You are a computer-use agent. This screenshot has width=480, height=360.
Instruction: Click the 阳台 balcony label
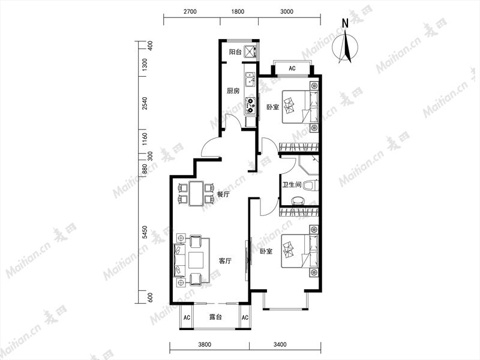click(x=235, y=52)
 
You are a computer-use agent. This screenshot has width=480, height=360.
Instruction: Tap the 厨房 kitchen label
click(x=233, y=91)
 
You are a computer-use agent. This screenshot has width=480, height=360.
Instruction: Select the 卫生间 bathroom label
click(x=292, y=185)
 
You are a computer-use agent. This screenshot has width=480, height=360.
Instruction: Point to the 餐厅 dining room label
click(x=223, y=194)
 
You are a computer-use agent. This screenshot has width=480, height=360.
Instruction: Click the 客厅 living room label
click(x=225, y=261)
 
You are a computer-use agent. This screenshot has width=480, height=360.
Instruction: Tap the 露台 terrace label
click(x=215, y=317)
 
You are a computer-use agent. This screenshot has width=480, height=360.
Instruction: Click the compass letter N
click(x=346, y=23)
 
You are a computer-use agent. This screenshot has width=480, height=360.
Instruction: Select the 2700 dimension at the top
click(x=190, y=11)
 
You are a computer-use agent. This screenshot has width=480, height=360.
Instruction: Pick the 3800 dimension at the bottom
click(x=205, y=344)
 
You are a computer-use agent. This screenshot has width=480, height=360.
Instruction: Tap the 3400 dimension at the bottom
click(x=280, y=344)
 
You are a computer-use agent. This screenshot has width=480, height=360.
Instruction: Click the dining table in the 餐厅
click(x=196, y=194)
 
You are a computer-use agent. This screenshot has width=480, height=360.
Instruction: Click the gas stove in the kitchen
click(x=250, y=104)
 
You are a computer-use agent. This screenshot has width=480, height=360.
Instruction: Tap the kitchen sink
click(x=250, y=79)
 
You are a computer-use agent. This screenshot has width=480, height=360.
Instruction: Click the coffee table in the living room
click(x=196, y=260)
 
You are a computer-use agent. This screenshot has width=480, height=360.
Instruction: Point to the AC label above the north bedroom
click(x=292, y=68)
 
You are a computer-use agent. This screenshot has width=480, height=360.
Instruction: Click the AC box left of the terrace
click(x=187, y=317)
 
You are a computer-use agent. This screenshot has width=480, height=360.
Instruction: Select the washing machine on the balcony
click(x=250, y=52)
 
